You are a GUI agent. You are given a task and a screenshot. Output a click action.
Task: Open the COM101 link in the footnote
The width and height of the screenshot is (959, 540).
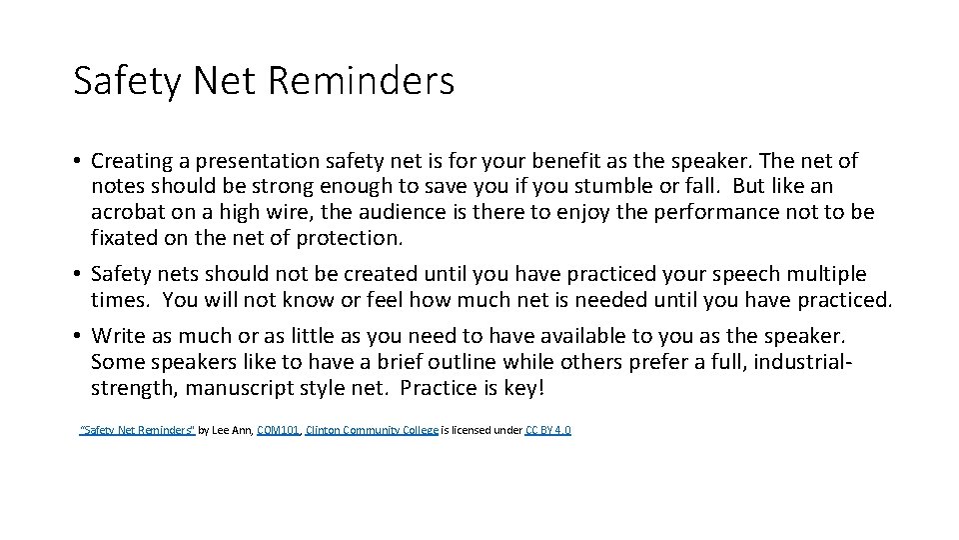(278, 430)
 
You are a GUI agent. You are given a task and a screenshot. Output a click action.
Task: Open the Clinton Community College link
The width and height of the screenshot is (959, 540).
(372, 430)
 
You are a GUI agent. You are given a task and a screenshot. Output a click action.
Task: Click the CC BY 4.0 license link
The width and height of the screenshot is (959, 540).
(548, 430)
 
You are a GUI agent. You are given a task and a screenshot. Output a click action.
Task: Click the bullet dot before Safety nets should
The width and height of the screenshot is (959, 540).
(77, 274)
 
